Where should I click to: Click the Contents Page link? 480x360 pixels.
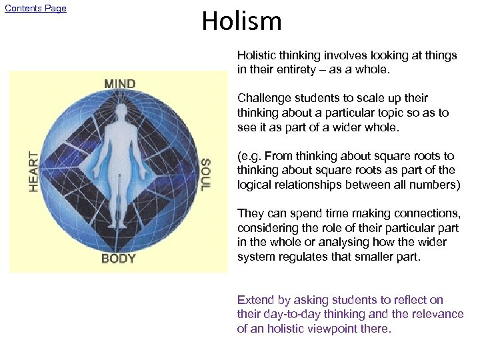[35, 9]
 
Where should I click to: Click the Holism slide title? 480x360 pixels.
[241, 21]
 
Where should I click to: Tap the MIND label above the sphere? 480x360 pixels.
[119, 84]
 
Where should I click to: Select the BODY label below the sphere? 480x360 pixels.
[119, 258]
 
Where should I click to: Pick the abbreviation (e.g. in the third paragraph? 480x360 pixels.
[251, 156]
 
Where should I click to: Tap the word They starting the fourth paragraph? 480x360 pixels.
[250, 213]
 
